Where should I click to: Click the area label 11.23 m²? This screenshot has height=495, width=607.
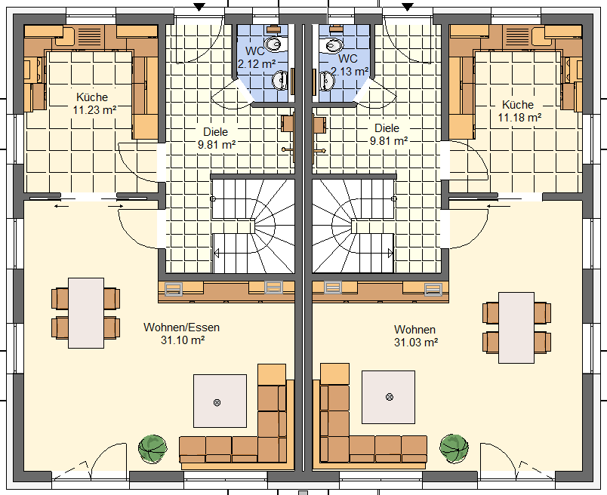click(x=95, y=110)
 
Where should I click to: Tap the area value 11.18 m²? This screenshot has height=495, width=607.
click(x=519, y=117)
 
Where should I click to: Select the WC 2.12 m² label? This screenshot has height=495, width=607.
click(x=256, y=57)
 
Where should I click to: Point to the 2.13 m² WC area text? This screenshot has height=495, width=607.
click(x=350, y=71)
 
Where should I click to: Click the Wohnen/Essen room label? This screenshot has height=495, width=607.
click(x=181, y=327)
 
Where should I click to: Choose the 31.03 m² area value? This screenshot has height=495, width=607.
click(x=416, y=342)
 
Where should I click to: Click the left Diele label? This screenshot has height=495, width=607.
click(x=216, y=131)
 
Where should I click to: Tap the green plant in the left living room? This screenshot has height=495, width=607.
click(x=153, y=448)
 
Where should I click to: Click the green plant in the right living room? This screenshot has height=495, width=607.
click(x=454, y=448)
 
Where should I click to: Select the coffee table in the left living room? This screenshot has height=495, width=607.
click(x=220, y=401)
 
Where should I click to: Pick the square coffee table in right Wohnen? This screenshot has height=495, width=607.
click(x=388, y=397)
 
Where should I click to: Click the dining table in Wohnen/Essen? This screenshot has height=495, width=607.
click(x=86, y=313)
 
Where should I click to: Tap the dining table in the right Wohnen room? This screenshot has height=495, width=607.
click(x=516, y=327)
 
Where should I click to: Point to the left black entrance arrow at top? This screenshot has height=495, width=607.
click(x=199, y=7)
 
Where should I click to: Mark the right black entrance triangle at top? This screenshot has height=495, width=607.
click(x=407, y=7)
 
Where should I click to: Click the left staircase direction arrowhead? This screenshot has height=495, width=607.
click(x=217, y=254)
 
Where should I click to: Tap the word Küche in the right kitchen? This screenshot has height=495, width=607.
click(x=518, y=104)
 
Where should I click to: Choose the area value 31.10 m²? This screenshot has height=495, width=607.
click(x=183, y=340)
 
